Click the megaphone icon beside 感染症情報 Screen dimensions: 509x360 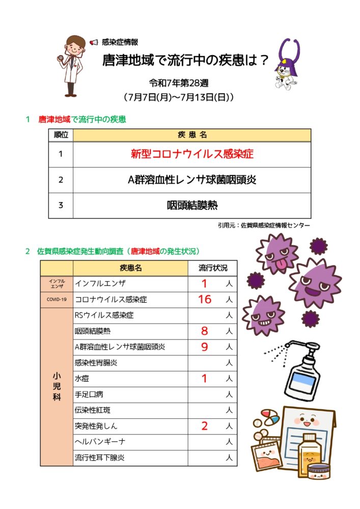point(94,42)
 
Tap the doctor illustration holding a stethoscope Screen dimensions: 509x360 point(72,65)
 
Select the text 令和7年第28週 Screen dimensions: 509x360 point(179,82)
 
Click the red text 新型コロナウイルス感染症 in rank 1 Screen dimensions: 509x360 point(191,154)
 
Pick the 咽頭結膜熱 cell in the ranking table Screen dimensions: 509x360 point(191,206)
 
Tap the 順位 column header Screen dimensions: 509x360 point(61,135)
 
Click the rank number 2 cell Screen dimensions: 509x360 point(61,180)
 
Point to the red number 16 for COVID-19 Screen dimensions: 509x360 point(204,299)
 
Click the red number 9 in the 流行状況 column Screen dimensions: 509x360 point(204,347)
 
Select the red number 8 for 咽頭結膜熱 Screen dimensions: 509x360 point(204,331)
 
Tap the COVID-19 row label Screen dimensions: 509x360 point(57,299)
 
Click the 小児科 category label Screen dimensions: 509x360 point(57,387)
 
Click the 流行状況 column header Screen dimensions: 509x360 point(213,268)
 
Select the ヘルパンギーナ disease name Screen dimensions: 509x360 point(100,442)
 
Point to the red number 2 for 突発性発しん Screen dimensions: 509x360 point(204,426)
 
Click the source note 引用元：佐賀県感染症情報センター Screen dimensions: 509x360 point(263,225)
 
